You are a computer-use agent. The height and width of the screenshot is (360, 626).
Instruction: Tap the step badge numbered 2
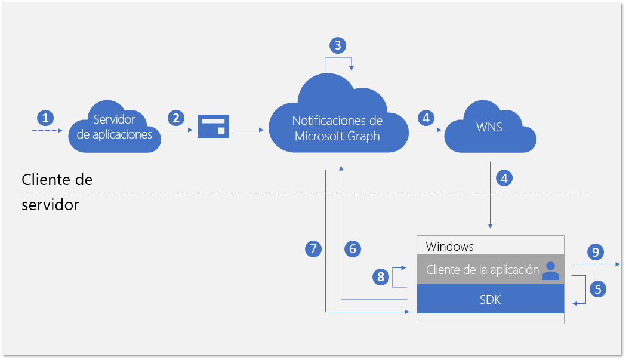pyautogui.click(x=175, y=118)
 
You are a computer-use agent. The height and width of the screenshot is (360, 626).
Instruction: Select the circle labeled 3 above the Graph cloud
pyautogui.click(x=338, y=45)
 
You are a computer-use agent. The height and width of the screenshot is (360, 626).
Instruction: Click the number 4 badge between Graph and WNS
pyautogui.click(x=425, y=118)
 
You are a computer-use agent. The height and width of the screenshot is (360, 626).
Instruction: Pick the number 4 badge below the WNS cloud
pyautogui.click(x=504, y=178)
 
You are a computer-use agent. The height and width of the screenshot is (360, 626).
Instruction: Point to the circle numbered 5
pyautogui.click(x=597, y=289)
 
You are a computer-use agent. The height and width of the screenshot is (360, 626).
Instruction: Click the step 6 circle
pyautogui.click(x=353, y=248)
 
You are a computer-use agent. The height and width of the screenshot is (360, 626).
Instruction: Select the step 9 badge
pyautogui.click(x=594, y=251)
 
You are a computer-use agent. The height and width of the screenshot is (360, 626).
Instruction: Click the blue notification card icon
pyautogui.click(x=213, y=126)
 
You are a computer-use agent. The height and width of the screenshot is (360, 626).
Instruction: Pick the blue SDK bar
pyautogui.click(x=490, y=300)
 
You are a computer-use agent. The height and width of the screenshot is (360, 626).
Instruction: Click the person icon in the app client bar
pyautogui.click(x=550, y=270)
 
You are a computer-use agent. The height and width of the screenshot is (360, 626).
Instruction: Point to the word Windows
pyautogui.click(x=449, y=246)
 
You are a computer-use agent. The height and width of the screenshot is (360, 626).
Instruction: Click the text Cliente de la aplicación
pyautogui.click(x=482, y=270)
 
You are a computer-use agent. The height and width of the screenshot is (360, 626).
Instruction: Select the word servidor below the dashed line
pyautogui.click(x=50, y=205)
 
